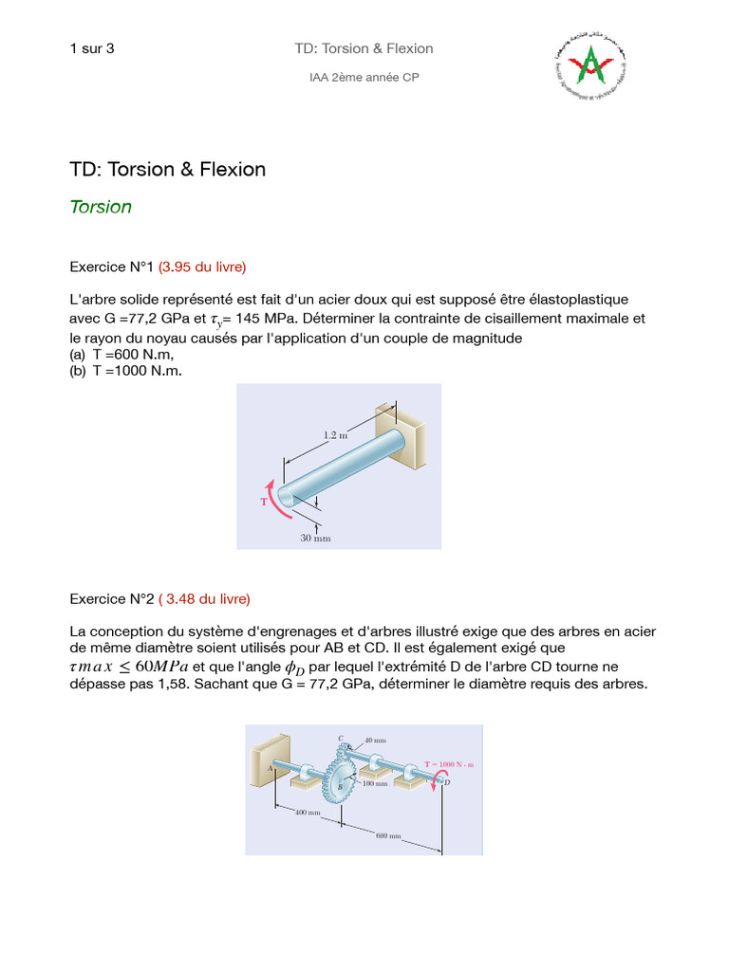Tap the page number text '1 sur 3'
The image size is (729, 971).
(x=92, y=48)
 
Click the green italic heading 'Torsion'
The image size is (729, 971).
(x=101, y=207)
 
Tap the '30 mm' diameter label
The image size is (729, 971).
(x=316, y=538)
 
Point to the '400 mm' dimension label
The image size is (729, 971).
(x=307, y=814)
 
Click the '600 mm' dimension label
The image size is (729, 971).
(x=389, y=836)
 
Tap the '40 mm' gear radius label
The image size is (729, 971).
(x=375, y=740)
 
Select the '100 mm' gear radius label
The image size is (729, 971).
(x=374, y=784)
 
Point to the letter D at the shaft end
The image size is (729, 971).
(x=447, y=782)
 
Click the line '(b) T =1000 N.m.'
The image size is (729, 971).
(x=125, y=371)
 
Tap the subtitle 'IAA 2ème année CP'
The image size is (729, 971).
(x=364, y=77)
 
